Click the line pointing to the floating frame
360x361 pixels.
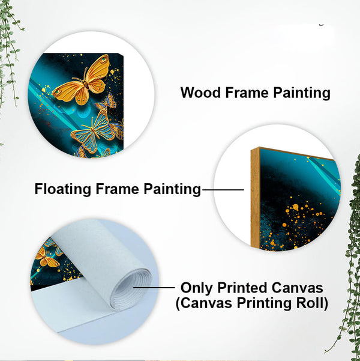click(x=223, y=190)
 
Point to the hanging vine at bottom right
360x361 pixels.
click(x=348, y=288)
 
